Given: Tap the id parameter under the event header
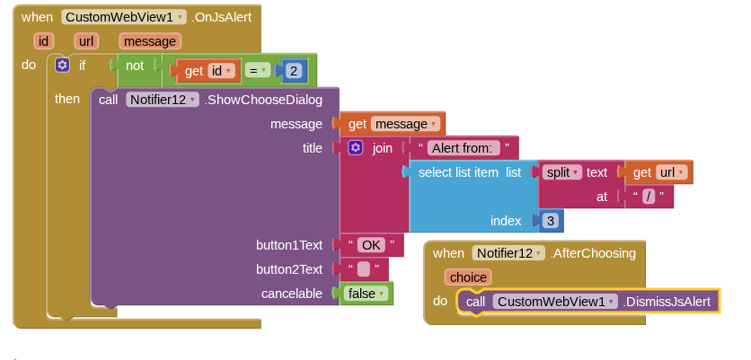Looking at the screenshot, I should tap(43, 40).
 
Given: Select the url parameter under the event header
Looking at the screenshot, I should tap(87, 40).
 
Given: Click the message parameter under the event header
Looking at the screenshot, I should tap(150, 40).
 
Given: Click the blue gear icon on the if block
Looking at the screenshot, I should tap(62, 65).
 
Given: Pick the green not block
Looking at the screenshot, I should tap(135, 66).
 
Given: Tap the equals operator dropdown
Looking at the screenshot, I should tap(258, 71).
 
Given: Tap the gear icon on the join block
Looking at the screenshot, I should tap(356, 148).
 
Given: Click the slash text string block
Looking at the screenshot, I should tap(649, 197).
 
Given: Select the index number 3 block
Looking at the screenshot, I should tap(549, 221).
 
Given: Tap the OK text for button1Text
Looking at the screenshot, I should tap(371, 245).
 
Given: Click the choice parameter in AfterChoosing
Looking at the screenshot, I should tap(468, 277).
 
